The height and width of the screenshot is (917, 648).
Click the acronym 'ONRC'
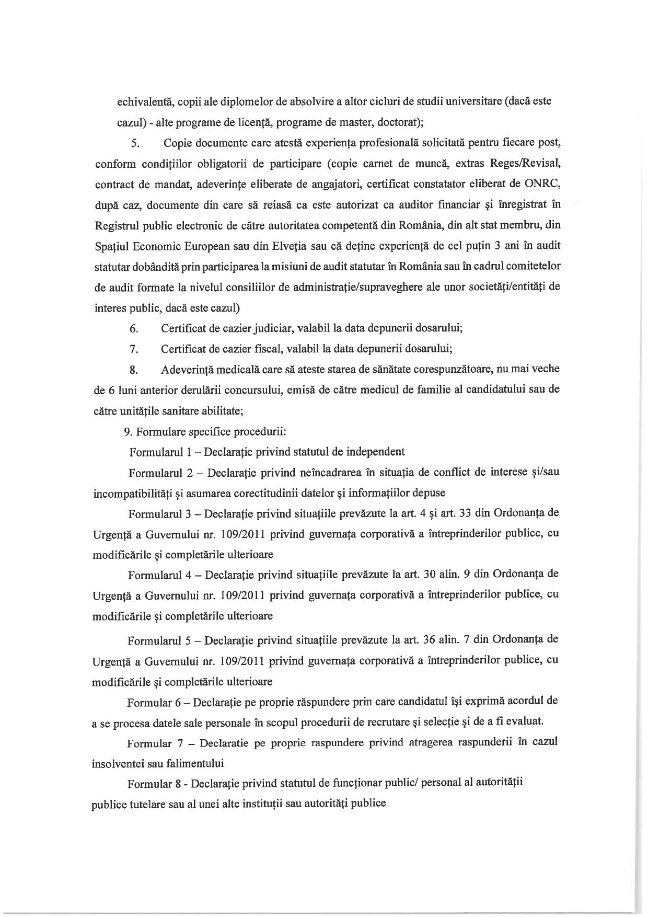pos(547,184)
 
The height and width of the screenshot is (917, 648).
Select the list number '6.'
pos(134,329)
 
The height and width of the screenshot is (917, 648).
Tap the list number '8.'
pos(134,370)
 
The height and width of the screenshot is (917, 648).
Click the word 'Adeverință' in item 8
pos(188,369)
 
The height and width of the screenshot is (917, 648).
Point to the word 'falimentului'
pos(194,763)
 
